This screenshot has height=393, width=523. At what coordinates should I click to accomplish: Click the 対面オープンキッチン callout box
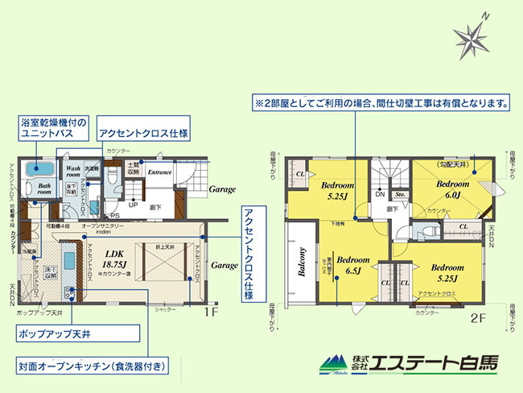[94, 367]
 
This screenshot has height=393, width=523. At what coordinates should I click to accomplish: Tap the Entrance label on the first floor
[159, 172]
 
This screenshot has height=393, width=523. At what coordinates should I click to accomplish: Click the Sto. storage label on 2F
[400, 193]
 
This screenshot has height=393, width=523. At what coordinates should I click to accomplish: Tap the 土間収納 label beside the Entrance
[134, 168]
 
